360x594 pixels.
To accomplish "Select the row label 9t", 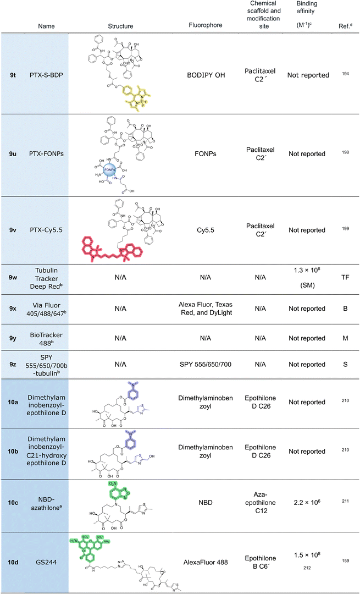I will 13,74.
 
